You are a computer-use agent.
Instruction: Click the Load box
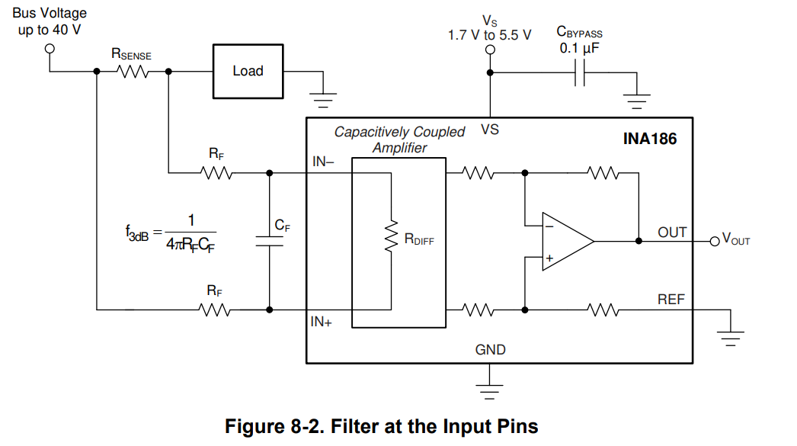tap(248, 71)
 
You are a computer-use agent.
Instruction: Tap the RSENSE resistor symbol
tap(133, 72)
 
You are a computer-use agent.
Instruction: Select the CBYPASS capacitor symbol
tap(580, 72)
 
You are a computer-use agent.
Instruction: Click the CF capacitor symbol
tap(269, 241)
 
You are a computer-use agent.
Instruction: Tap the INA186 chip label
tap(650, 140)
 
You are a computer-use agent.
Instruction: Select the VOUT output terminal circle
tap(714, 241)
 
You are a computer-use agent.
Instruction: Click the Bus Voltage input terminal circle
tap(50, 47)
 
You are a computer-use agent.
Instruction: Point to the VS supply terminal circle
tap(490, 50)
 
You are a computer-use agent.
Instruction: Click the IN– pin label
tap(324, 162)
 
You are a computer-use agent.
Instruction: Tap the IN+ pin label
tap(322, 322)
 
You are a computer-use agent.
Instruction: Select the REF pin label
tap(671, 300)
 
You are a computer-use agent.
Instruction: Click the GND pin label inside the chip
tap(490, 350)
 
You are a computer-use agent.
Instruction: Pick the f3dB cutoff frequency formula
tap(171, 233)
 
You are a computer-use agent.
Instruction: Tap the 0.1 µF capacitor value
tap(581, 48)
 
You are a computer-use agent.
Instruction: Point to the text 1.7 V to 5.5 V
tap(489, 34)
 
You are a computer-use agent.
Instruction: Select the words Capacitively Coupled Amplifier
tap(399, 140)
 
